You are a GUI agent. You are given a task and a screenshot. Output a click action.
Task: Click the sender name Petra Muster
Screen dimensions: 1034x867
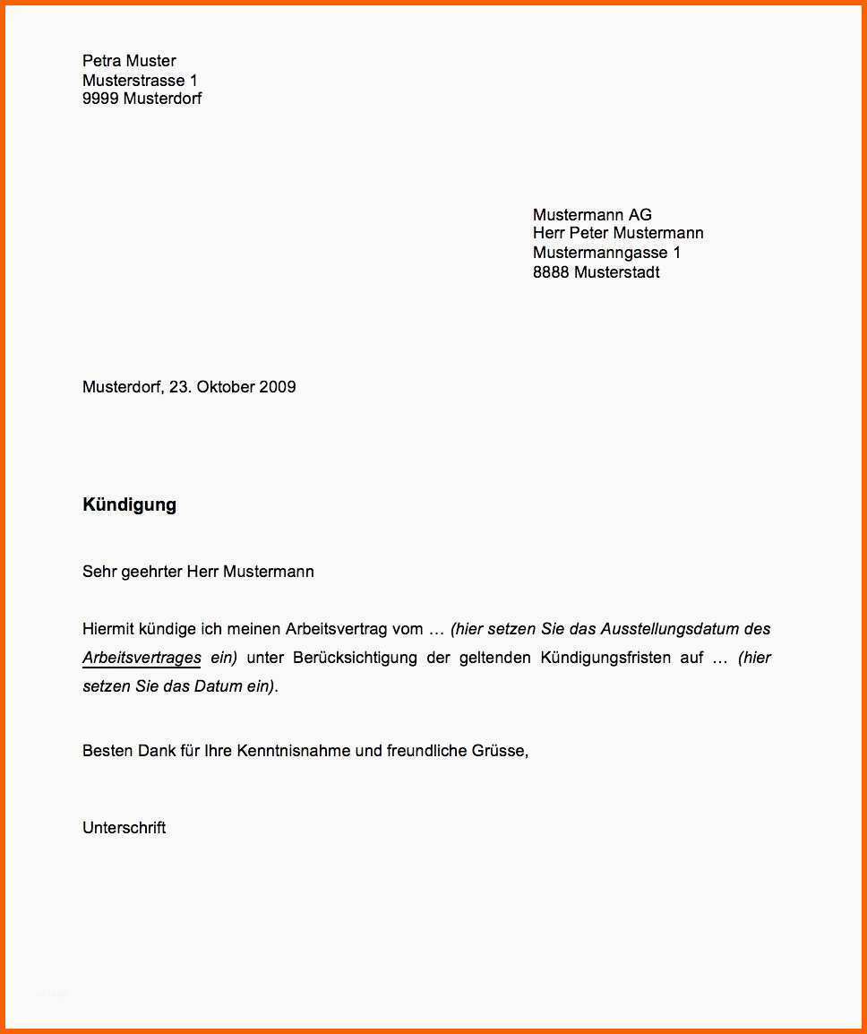(129, 61)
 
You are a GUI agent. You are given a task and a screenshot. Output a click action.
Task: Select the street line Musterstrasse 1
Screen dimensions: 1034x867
(140, 81)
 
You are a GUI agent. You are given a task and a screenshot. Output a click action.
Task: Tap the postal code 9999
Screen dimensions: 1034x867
(100, 99)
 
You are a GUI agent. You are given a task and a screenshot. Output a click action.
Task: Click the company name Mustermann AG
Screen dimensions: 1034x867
(592, 215)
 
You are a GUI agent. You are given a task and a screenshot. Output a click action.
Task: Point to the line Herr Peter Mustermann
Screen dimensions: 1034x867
(618, 233)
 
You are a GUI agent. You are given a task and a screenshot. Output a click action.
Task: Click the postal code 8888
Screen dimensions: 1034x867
(551, 272)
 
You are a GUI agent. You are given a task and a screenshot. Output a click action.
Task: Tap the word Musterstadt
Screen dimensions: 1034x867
(616, 272)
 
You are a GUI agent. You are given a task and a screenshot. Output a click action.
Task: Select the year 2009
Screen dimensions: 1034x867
(278, 387)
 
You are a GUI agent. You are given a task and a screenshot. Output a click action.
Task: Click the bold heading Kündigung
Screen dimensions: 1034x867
(129, 504)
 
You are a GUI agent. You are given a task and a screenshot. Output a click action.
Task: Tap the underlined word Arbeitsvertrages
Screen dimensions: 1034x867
(142, 658)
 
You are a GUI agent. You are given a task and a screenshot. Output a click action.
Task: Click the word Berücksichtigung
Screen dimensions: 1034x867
(355, 658)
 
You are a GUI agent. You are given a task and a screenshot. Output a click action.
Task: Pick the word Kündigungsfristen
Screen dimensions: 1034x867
(605, 658)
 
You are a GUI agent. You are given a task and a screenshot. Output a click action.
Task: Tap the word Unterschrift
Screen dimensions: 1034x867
(124, 828)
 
